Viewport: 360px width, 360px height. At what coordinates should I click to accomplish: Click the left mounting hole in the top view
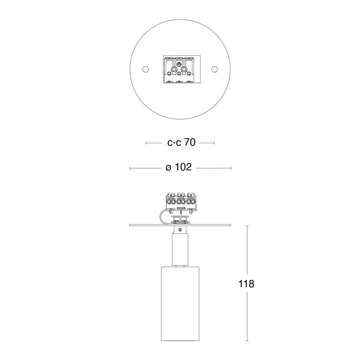[146, 69]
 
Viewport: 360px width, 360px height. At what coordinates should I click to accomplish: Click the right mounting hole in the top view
[214, 69]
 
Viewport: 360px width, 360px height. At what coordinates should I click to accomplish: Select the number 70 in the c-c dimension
[190, 142]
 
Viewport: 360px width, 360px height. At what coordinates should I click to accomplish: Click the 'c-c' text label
[174, 143]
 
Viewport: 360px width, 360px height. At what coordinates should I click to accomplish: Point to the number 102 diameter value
[183, 167]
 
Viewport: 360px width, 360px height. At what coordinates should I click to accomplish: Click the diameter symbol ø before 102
[168, 168]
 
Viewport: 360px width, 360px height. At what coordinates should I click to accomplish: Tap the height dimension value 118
[246, 284]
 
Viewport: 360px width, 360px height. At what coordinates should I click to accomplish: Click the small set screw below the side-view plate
[180, 229]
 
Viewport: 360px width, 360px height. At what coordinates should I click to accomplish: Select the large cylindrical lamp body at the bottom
[180, 303]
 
